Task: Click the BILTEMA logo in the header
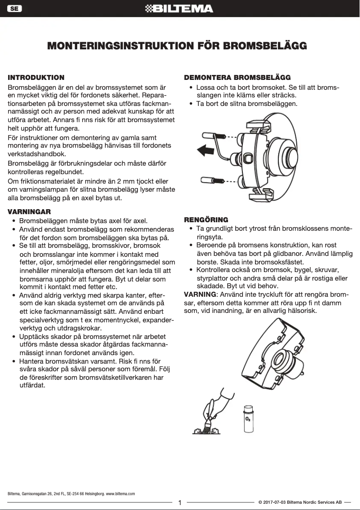click(180, 9)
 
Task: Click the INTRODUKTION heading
click(36, 78)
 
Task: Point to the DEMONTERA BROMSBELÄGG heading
click(237, 78)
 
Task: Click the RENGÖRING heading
click(206, 220)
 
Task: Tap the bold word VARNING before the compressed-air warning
click(200, 295)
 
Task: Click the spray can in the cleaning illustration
click(248, 419)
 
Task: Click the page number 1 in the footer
click(180, 503)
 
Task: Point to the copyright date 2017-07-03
click(274, 502)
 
